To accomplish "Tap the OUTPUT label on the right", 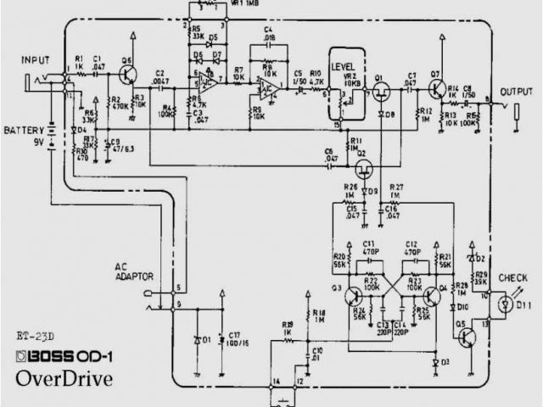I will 518,91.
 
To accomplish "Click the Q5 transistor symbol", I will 465,337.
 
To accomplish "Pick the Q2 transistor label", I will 361,154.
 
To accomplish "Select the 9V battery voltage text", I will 39,142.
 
